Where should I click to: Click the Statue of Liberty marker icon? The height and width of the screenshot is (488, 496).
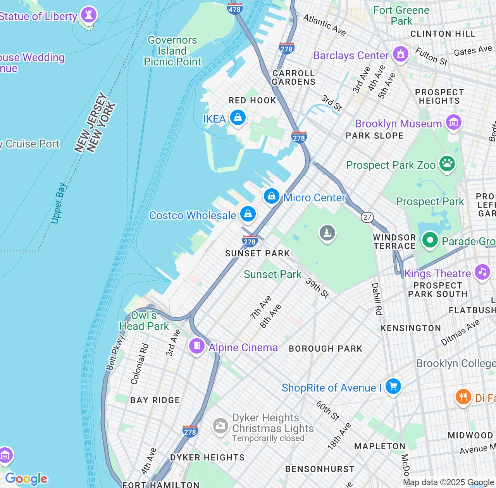click(89, 15)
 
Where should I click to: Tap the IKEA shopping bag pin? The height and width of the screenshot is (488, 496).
click(238, 117)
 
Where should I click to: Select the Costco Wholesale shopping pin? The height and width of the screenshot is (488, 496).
click(248, 213)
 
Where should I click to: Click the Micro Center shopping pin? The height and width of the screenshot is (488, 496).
click(272, 196)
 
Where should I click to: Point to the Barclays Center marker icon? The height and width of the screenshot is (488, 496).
click(401, 54)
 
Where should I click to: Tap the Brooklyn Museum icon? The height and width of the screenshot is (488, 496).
click(453, 122)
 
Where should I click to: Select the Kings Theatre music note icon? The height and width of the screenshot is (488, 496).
click(482, 271)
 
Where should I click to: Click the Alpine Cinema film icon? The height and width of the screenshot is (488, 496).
click(197, 345)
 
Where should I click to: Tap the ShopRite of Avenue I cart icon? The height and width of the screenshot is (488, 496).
click(393, 386)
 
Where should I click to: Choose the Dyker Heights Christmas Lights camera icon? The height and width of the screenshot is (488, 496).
click(220, 426)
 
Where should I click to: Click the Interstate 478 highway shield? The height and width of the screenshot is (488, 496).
click(235, 8)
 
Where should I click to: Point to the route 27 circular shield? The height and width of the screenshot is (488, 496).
click(367, 217)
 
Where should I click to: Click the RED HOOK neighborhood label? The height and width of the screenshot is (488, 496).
click(252, 100)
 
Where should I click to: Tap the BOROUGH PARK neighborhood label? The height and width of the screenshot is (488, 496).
click(325, 349)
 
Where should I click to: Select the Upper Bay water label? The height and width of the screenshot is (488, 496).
click(59, 203)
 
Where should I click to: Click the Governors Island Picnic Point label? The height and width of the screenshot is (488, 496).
click(172, 51)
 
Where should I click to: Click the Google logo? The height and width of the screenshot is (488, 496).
click(26, 479)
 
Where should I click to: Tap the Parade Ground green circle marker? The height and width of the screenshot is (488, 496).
click(430, 240)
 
